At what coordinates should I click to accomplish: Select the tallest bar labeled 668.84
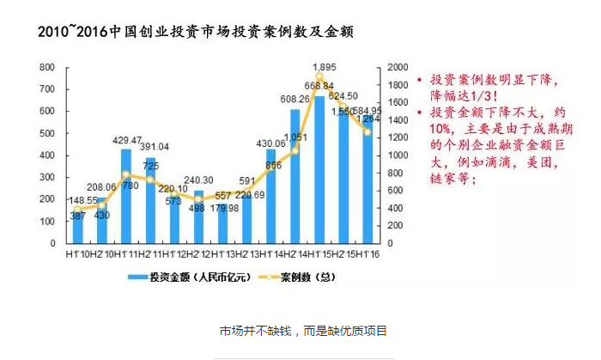(319, 163)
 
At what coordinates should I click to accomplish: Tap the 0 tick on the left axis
(53, 243)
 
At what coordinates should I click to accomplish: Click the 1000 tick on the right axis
(398, 156)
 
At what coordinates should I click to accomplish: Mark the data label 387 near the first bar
(78, 216)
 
